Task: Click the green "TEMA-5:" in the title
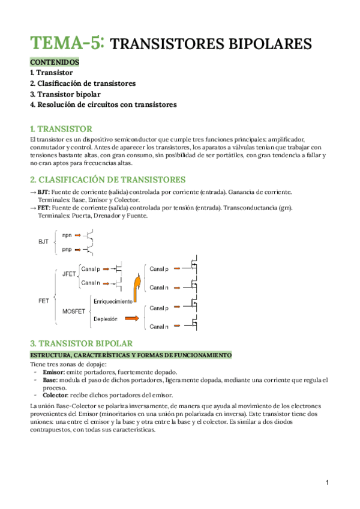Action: [x=68, y=43]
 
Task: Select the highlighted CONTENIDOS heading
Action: [x=53, y=62]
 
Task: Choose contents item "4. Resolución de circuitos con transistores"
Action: [x=103, y=104]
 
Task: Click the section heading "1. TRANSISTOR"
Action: [x=61, y=129]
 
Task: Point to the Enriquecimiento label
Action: [x=113, y=299]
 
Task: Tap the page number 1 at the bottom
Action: [x=328, y=483]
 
